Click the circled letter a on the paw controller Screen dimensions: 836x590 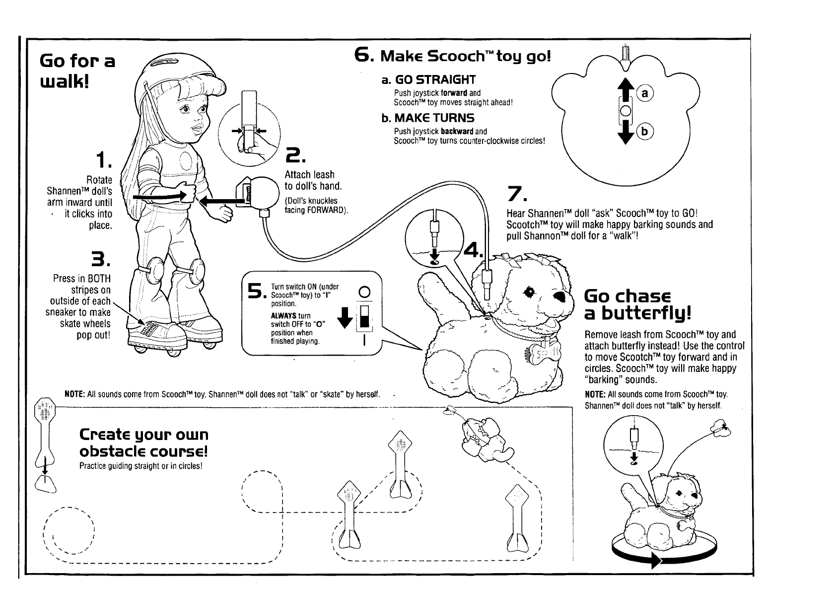(645, 93)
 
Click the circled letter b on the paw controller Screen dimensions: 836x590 (645, 132)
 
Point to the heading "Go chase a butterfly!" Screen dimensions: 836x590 (637, 304)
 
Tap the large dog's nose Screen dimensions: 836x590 (560, 296)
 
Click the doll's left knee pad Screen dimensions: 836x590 (195, 271)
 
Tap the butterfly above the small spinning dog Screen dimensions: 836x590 (720, 427)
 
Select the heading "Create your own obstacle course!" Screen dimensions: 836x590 (144, 443)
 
